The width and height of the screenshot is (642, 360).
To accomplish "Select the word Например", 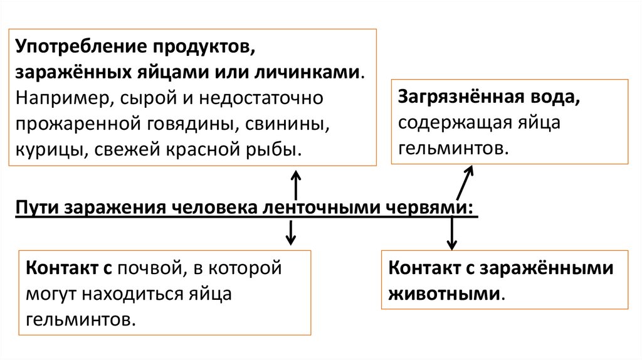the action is [x=58, y=98].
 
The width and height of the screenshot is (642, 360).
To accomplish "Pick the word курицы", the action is [x=46, y=150].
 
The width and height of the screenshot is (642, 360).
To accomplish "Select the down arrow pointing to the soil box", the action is [x=290, y=233].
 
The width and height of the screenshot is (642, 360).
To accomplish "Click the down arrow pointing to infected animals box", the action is [x=452, y=233].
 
